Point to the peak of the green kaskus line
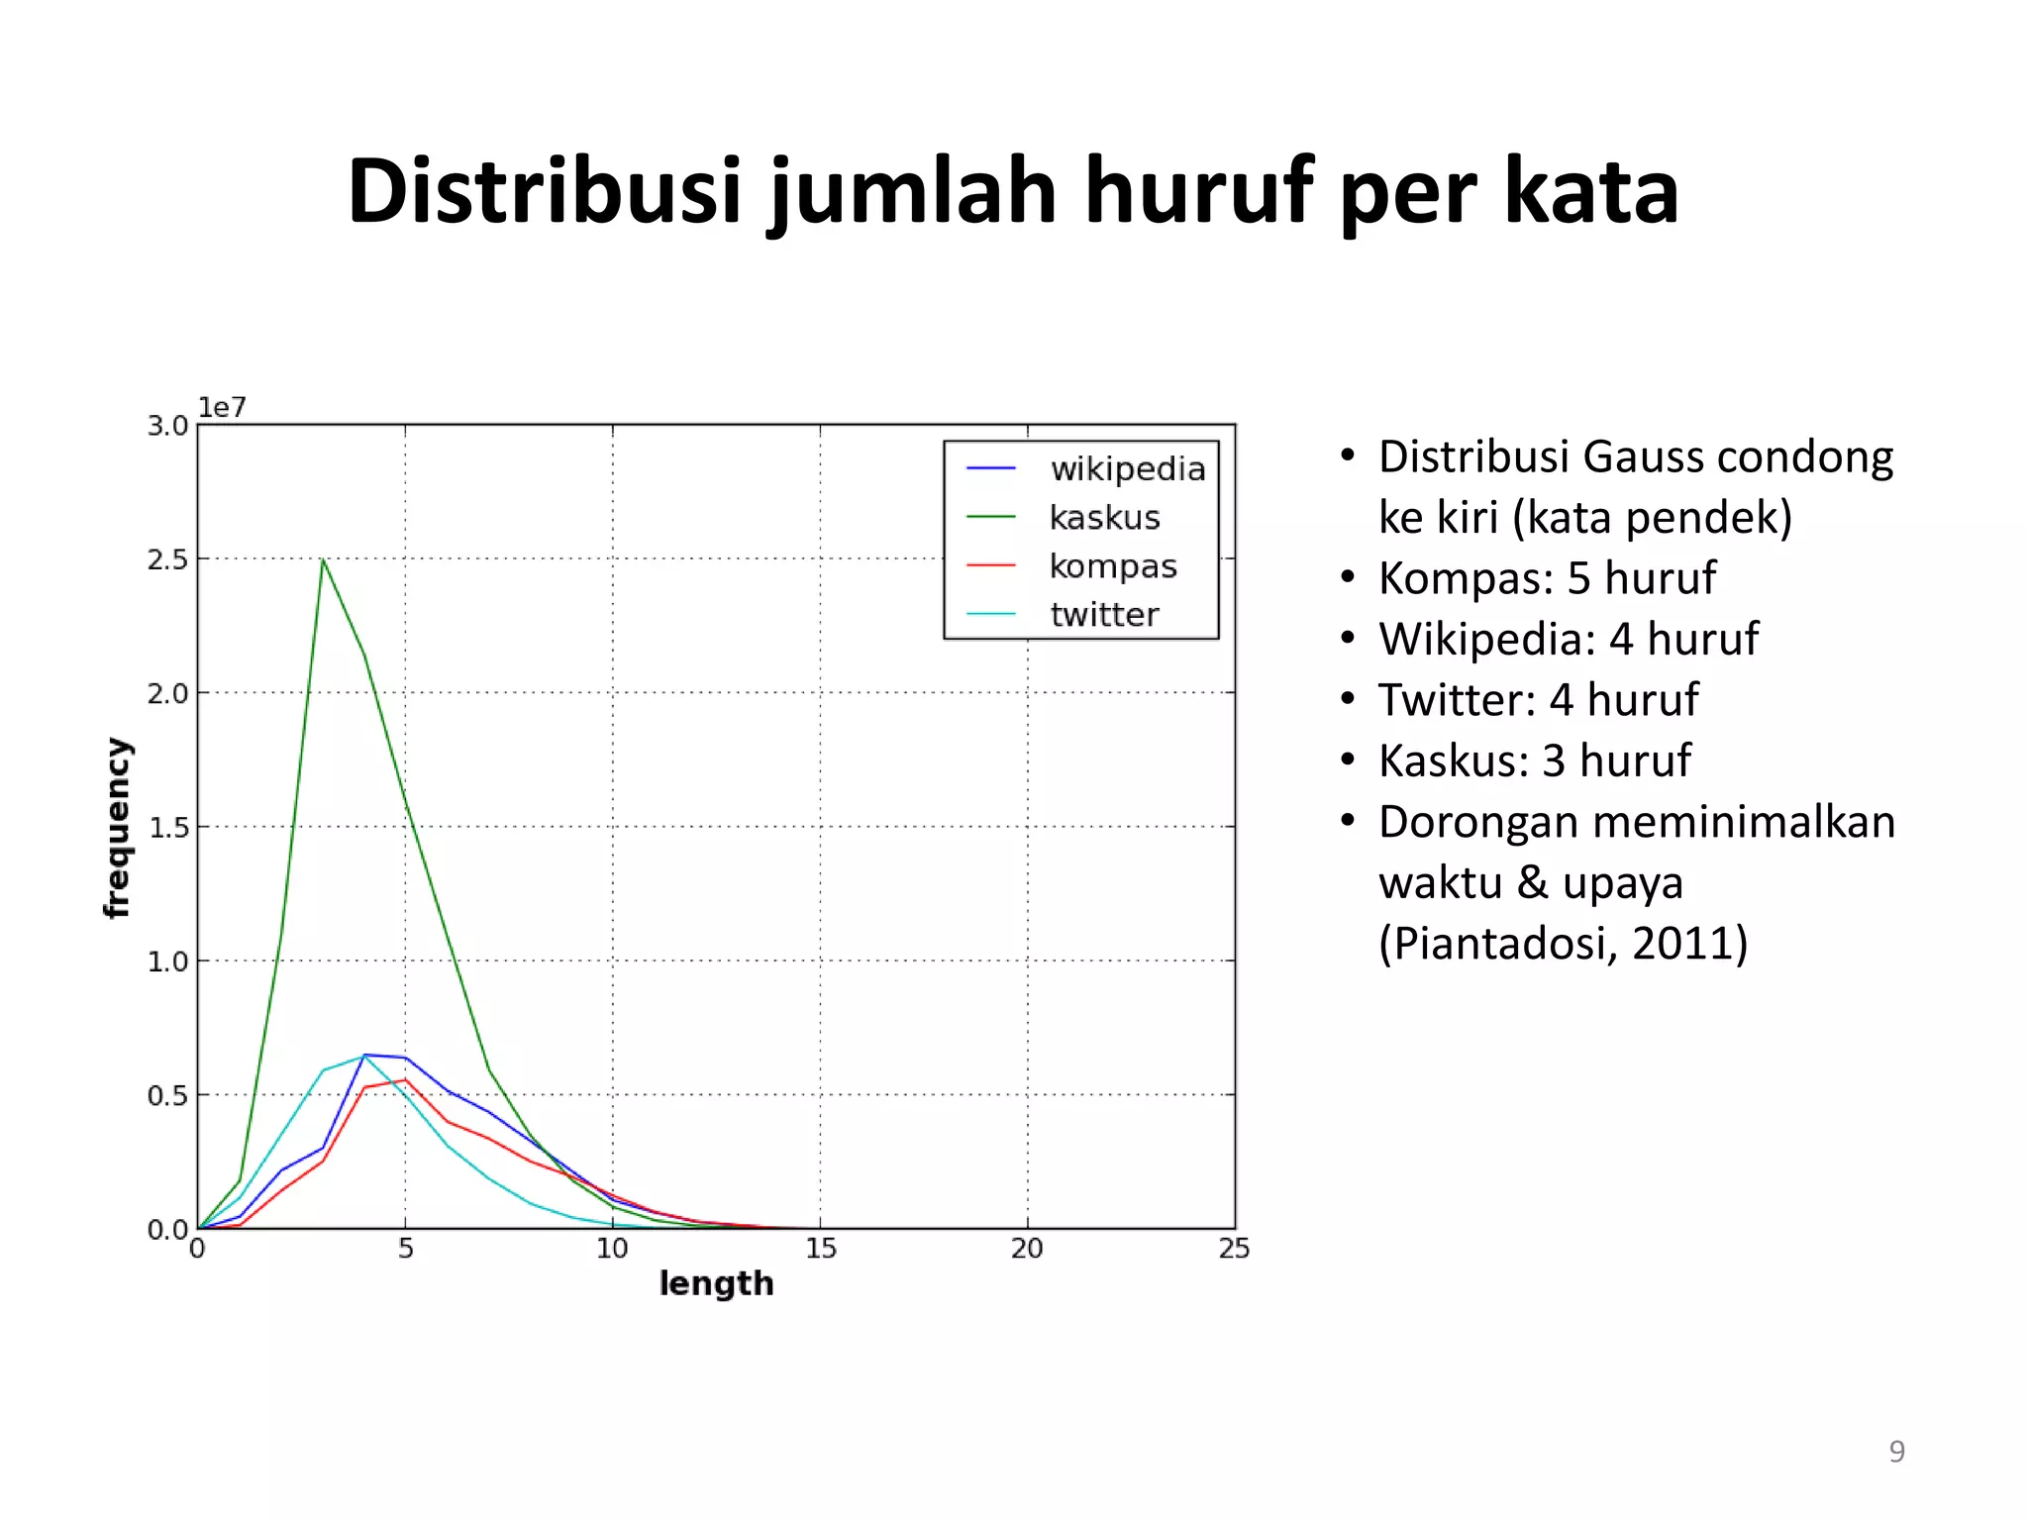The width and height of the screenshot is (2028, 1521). pyautogui.click(x=323, y=560)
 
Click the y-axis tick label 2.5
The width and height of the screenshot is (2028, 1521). pyautogui.click(x=167, y=560)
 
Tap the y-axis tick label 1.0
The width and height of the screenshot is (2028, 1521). pyautogui.click(x=167, y=962)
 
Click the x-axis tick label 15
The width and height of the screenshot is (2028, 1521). pyautogui.click(x=820, y=1249)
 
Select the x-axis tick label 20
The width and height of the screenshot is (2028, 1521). pyautogui.click(x=1027, y=1249)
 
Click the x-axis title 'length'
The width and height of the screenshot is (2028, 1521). pyautogui.click(x=716, y=1284)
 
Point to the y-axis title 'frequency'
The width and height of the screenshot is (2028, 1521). pyautogui.click(x=118, y=828)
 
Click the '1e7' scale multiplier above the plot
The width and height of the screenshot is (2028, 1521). pyautogui.click(x=222, y=408)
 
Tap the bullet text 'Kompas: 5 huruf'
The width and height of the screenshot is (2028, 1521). pyautogui.click(x=1547, y=577)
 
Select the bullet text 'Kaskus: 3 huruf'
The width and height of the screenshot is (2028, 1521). pyautogui.click(x=1534, y=760)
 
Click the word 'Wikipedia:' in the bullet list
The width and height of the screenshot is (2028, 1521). pyautogui.click(x=1486, y=639)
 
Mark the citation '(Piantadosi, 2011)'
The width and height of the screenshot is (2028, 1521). pyautogui.click(x=1563, y=943)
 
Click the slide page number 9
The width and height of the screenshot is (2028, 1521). pyautogui.click(x=1896, y=1452)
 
